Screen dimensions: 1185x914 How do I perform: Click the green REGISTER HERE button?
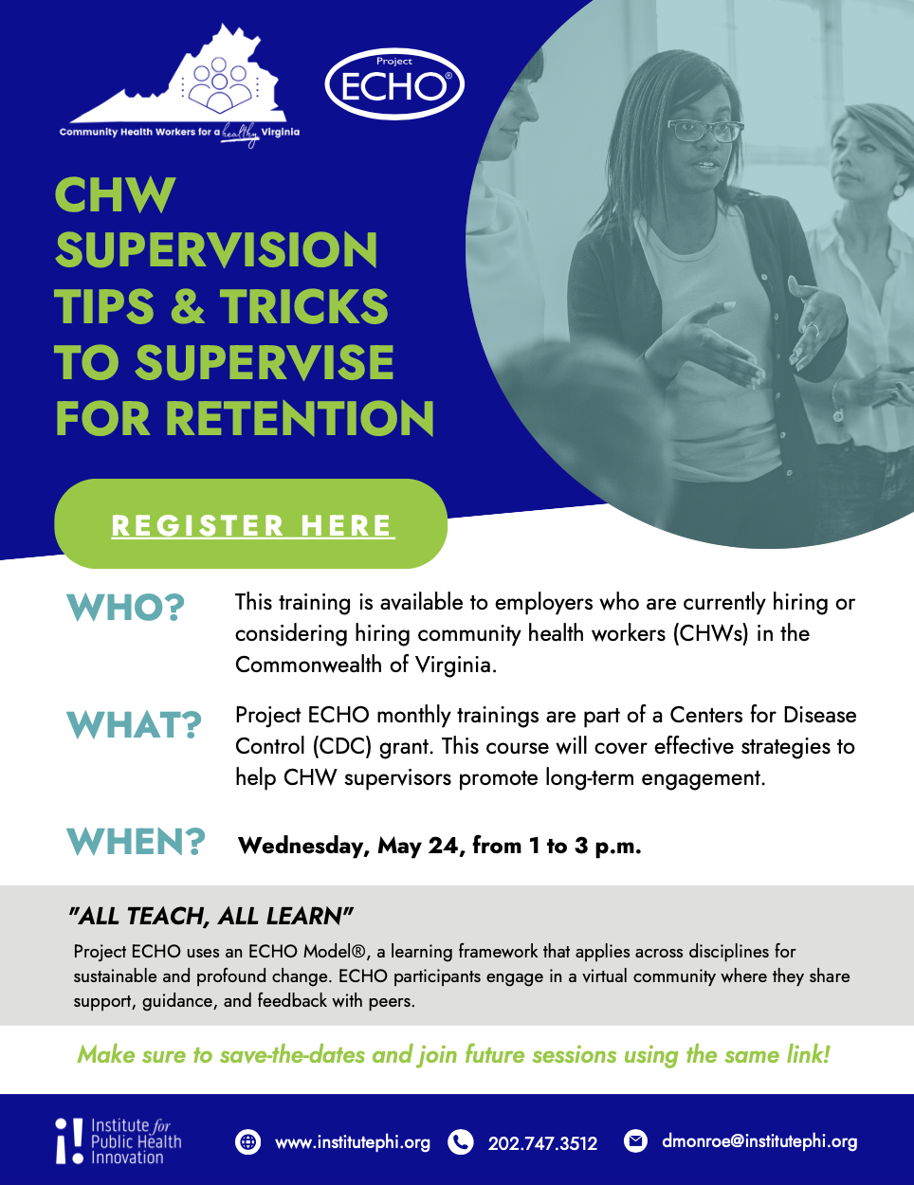coord(250,524)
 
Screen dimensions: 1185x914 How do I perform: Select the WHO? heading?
coord(125,608)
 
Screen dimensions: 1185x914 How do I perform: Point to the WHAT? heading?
coord(134,726)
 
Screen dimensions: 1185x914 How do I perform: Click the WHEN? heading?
coord(136,842)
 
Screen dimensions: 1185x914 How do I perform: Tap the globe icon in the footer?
coord(247,1141)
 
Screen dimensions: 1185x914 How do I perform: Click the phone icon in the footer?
coord(461,1141)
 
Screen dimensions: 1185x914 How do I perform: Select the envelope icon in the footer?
coord(635,1140)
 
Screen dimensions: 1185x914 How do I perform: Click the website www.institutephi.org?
coord(353,1142)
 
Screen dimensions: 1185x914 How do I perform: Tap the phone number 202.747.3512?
coord(542,1143)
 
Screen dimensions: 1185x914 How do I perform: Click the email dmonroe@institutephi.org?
coord(759,1141)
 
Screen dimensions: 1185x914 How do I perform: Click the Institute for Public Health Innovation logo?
coord(119,1141)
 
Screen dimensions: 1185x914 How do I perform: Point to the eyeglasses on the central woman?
coord(704,130)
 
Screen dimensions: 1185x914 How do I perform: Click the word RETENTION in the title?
coord(300,419)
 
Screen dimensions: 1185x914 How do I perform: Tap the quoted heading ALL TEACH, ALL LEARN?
coord(210,916)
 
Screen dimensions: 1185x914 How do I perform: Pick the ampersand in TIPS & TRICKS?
coord(188,307)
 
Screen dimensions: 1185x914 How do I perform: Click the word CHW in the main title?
coord(115,196)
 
